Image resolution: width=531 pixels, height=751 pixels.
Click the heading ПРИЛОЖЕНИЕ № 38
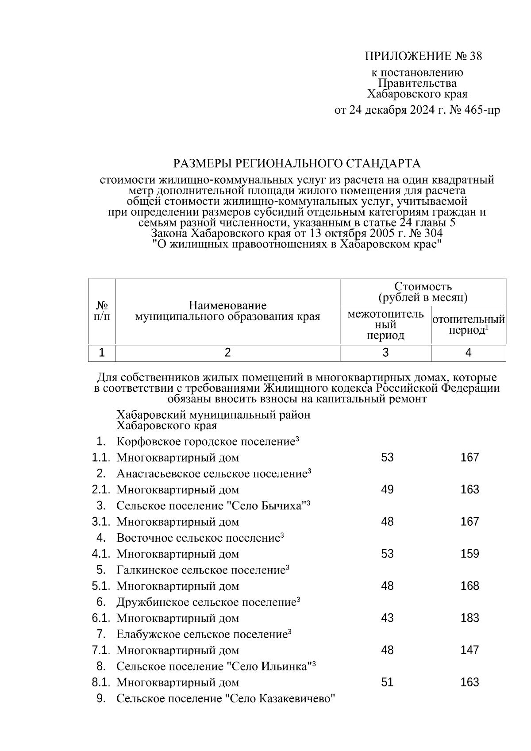423,56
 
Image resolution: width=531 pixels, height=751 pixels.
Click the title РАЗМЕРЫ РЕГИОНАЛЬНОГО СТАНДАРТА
296,164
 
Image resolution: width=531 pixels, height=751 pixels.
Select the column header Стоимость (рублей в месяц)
423,292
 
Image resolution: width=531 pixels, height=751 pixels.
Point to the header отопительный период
468,325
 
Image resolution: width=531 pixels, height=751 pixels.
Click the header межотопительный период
385,325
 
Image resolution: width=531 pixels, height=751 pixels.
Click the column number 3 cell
385,353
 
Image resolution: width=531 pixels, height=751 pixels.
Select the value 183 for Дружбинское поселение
469,618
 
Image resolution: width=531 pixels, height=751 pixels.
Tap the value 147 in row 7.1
469,650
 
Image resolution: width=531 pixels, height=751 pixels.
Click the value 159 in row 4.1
469,554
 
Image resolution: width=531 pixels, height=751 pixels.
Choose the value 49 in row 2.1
387,489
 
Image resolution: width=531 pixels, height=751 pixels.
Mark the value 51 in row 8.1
387,682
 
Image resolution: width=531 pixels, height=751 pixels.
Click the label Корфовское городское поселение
206,442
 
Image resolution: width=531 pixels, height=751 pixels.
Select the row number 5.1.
100,586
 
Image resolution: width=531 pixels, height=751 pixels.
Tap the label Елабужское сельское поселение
202,635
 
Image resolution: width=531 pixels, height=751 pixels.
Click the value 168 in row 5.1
469,586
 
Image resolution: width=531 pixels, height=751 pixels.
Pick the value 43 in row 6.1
387,618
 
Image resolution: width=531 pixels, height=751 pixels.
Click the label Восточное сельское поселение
198,538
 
